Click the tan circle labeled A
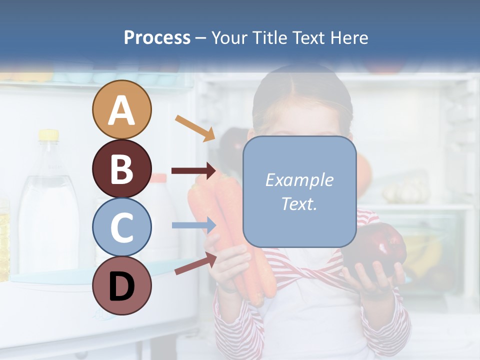121,110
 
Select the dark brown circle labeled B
121,169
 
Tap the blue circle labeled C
121,227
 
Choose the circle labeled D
121,286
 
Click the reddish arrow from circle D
195,263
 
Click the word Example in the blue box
299,180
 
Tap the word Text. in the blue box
299,203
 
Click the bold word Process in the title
157,37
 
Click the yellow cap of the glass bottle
48,134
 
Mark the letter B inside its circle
121,169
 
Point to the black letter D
121,286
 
